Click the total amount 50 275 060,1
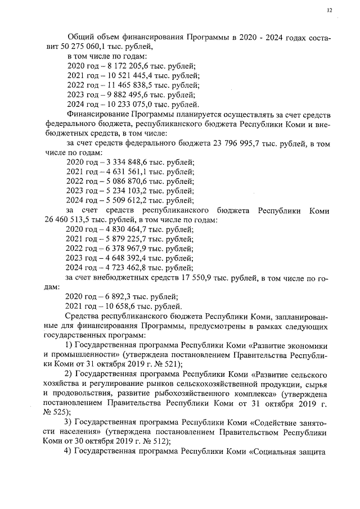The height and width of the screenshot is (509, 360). click(x=76, y=47)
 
